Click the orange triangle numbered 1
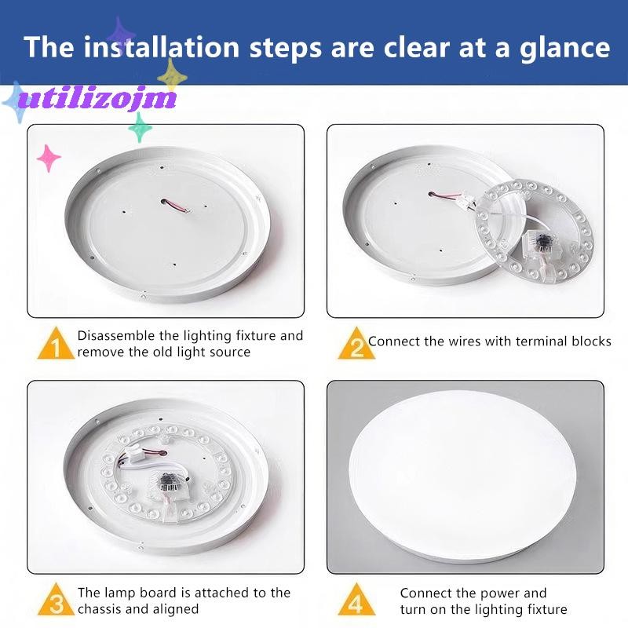[x=56, y=344]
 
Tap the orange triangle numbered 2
[x=356, y=344]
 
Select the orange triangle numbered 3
[x=56, y=600]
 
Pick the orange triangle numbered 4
[x=356, y=600]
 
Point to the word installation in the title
[x=162, y=47]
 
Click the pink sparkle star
[x=49, y=158]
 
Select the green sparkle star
[x=141, y=127]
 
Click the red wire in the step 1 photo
[x=175, y=205]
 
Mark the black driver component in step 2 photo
[x=542, y=242]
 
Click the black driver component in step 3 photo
[x=169, y=479]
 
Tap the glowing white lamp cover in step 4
[x=462, y=474]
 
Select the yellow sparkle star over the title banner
[x=172, y=75]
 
